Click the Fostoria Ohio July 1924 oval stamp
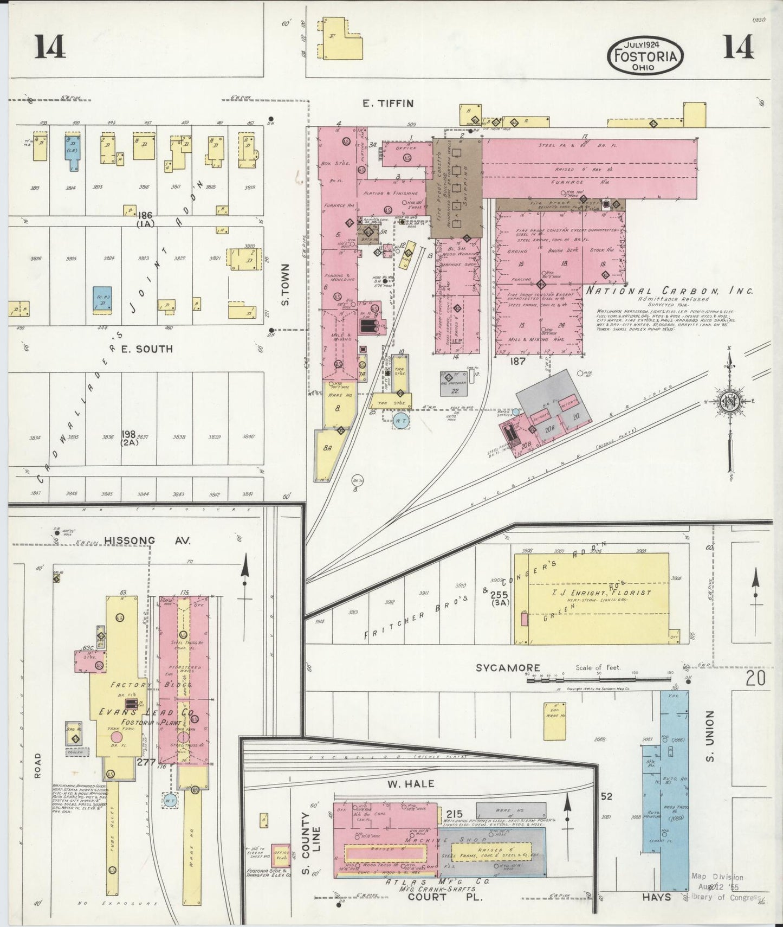(645, 56)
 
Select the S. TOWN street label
(286, 285)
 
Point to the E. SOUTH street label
(147, 349)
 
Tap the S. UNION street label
(710, 736)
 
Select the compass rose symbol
(730, 402)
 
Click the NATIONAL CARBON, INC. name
(669, 291)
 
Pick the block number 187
(517, 361)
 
